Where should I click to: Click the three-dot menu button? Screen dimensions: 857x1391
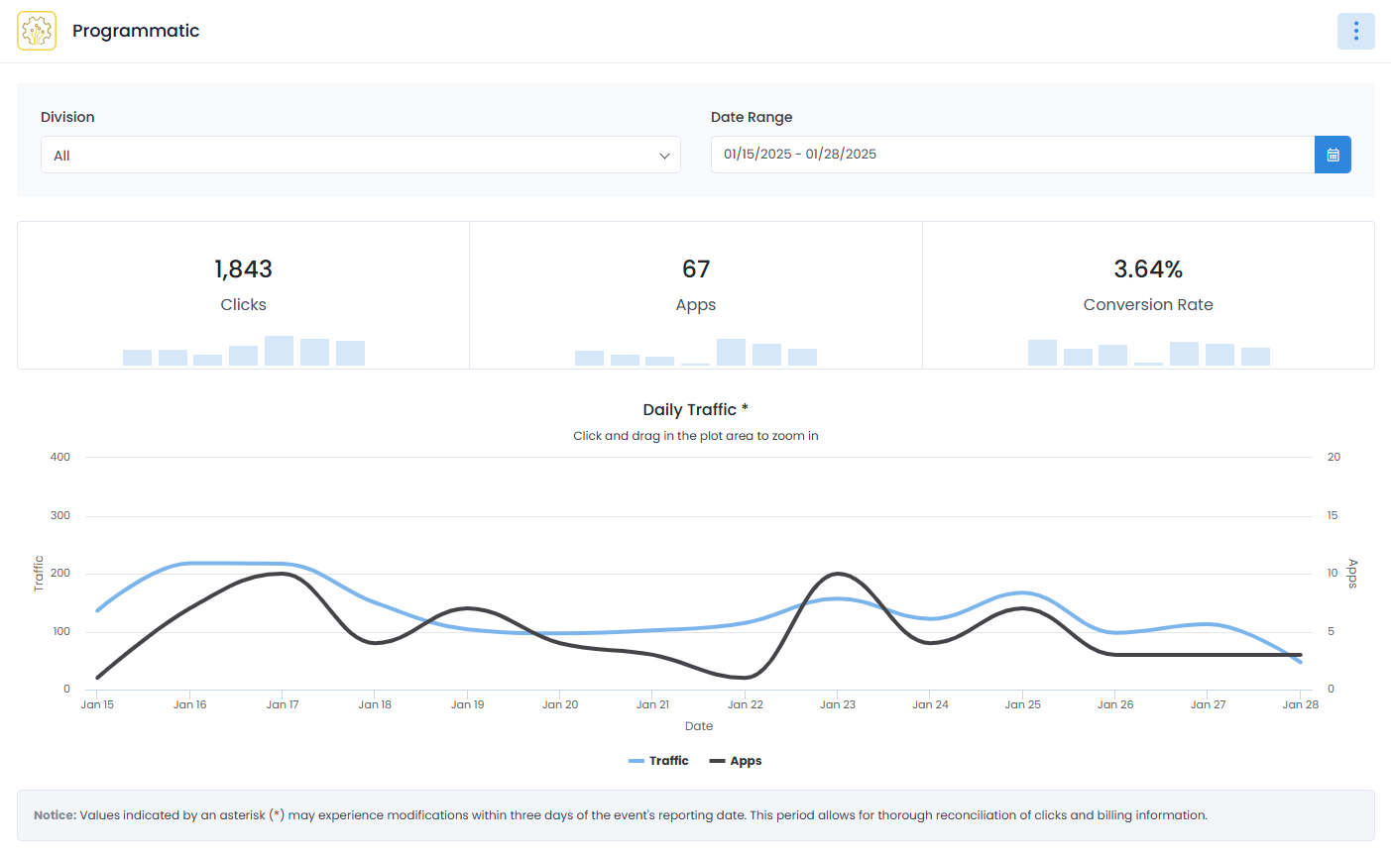point(1355,31)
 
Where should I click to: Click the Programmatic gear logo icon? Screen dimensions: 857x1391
point(37,31)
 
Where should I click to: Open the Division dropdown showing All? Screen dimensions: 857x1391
point(360,155)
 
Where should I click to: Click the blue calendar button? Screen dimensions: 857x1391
point(1333,155)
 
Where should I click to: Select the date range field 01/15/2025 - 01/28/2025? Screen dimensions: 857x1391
point(1011,155)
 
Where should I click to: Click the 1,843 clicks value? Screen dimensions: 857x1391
point(243,268)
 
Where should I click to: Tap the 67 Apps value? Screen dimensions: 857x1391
point(696,268)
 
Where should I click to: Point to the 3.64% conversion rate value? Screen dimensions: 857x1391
point(1148,268)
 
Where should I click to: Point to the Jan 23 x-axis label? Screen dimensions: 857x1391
point(838,704)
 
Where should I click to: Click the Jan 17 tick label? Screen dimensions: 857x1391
point(283,704)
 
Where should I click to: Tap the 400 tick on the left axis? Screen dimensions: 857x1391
point(60,457)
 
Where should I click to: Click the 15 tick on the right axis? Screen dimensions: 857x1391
point(1333,515)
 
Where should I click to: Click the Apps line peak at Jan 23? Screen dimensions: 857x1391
point(838,574)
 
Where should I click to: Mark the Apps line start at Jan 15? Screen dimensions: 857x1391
point(97,678)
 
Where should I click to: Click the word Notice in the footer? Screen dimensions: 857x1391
point(55,815)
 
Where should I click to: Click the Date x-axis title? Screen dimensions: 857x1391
point(699,726)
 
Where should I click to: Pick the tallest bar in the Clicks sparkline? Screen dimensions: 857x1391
point(279,351)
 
